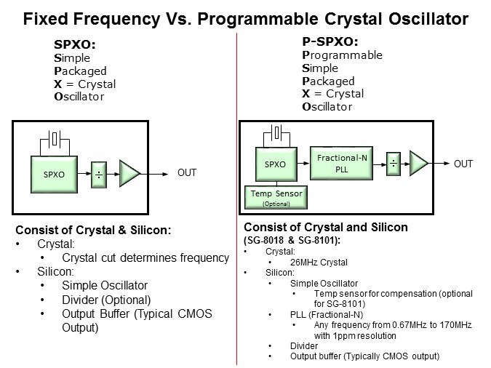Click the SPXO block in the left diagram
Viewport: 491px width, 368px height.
55,175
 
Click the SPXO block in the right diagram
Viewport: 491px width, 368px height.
275,164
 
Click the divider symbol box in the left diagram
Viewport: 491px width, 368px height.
100,175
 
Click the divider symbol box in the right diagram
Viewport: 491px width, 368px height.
394,164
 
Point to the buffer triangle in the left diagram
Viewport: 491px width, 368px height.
129,173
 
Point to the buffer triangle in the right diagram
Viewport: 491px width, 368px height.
420,163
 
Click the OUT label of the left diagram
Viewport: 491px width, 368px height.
187,173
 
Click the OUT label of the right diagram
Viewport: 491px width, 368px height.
463,164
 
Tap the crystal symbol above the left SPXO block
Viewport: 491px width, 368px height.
55,137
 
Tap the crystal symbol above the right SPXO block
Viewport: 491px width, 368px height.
276,132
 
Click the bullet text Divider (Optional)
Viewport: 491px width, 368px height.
106,300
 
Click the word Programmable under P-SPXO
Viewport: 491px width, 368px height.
342,55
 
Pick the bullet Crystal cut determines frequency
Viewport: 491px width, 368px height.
145,257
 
